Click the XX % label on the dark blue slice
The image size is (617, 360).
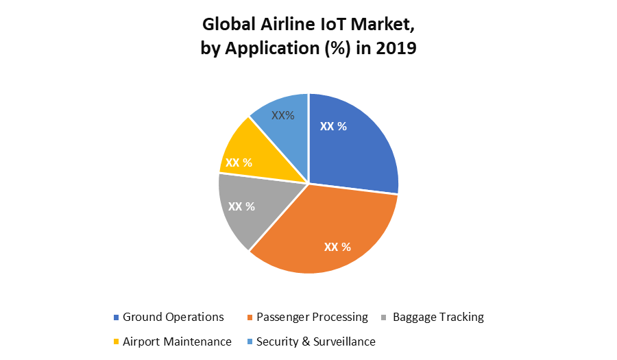pyautogui.click(x=334, y=126)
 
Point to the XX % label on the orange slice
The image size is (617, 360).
pyautogui.click(x=337, y=247)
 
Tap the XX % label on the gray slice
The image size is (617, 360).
pyautogui.click(x=241, y=206)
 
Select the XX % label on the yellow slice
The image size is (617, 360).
pyautogui.click(x=239, y=163)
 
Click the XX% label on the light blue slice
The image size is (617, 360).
pyautogui.click(x=283, y=115)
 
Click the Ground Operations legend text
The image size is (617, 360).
pyautogui.click(x=173, y=317)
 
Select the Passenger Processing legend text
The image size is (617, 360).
pyautogui.click(x=312, y=317)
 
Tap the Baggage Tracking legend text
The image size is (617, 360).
pyautogui.click(x=438, y=317)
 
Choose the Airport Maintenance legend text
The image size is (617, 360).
pyautogui.click(x=177, y=341)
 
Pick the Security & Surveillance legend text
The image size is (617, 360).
pyautogui.click(x=315, y=341)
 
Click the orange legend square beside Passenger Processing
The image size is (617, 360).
pyautogui.click(x=250, y=317)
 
